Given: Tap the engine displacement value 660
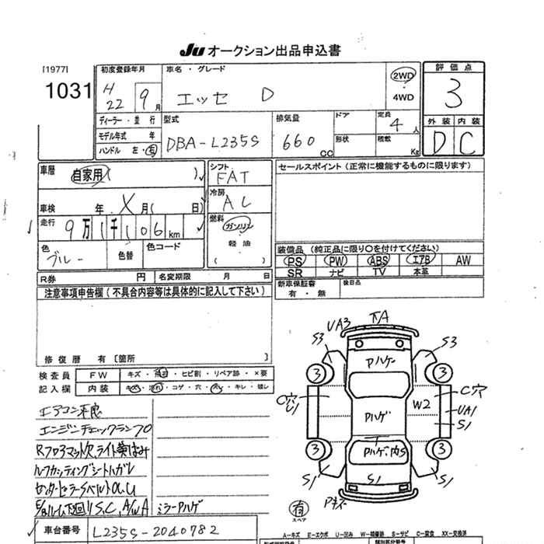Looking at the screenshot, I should coord(299,141).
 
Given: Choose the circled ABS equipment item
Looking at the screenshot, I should coord(379,261).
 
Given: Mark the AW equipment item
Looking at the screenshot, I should coord(463,261).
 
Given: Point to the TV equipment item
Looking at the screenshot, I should coord(379,273).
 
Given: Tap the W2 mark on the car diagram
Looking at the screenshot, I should coord(422,404).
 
